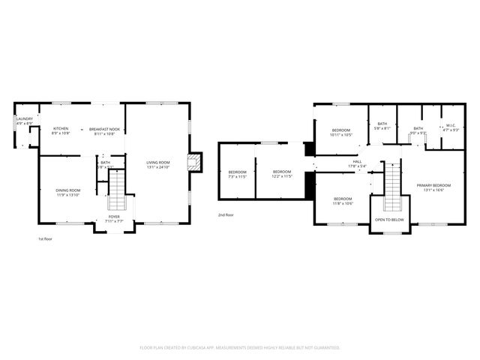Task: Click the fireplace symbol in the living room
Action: [195, 163]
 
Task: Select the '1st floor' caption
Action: [45, 238]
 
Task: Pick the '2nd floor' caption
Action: [225, 214]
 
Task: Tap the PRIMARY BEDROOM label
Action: [433, 187]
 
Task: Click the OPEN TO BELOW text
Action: [389, 220]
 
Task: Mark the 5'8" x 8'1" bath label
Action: [382, 126]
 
